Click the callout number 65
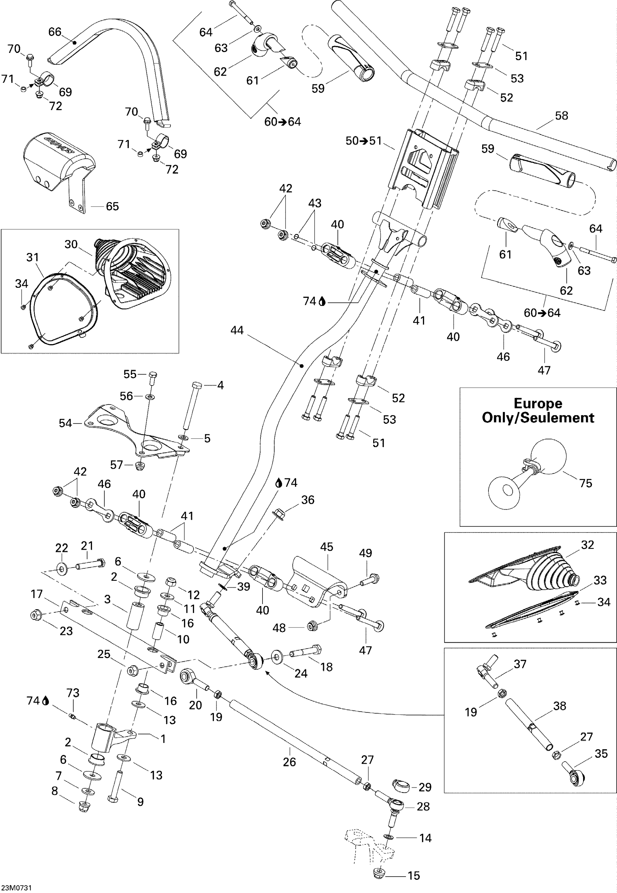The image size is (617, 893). pos(112,207)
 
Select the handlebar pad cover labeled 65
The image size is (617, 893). pos(58,162)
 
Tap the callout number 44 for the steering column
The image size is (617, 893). pos(237,330)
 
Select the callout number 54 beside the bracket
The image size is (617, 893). pos(65,423)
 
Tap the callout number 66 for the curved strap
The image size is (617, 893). pos(54,32)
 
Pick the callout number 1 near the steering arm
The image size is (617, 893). pos(163,739)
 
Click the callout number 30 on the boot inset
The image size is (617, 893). pos(71,244)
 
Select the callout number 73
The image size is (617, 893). pos(73,693)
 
